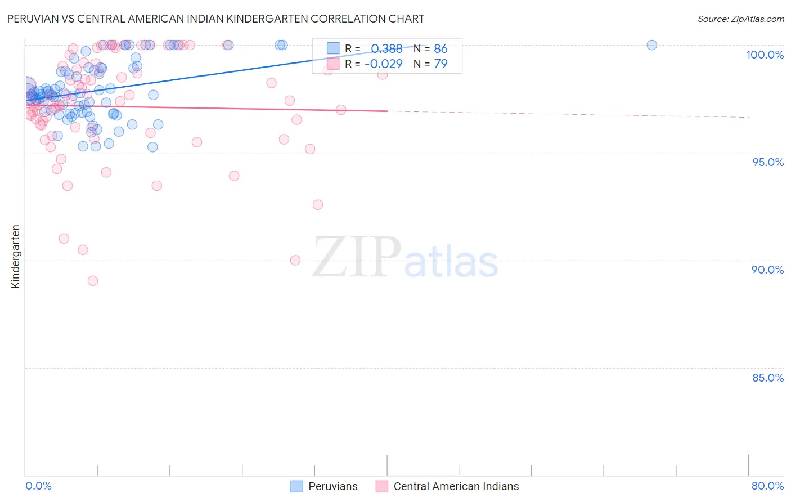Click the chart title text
coord(215,19)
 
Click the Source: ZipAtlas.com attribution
coord(740,19)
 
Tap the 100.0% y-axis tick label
coord(765,55)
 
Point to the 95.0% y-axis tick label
coord(768,162)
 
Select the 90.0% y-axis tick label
coord(768,270)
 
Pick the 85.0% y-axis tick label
coord(768,378)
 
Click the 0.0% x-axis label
coord(38,486)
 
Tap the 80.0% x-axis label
coord(767,486)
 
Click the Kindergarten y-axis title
coord(16,257)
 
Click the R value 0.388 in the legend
coord(386,49)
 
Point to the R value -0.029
coord(384,64)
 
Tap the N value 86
coord(441,49)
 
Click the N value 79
coord(441,64)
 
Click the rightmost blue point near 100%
coord(651,45)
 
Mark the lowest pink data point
coord(93,280)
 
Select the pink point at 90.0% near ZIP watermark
coord(295,260)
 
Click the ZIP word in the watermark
coord(356,257)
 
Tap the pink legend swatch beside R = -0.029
coord(333,64)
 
